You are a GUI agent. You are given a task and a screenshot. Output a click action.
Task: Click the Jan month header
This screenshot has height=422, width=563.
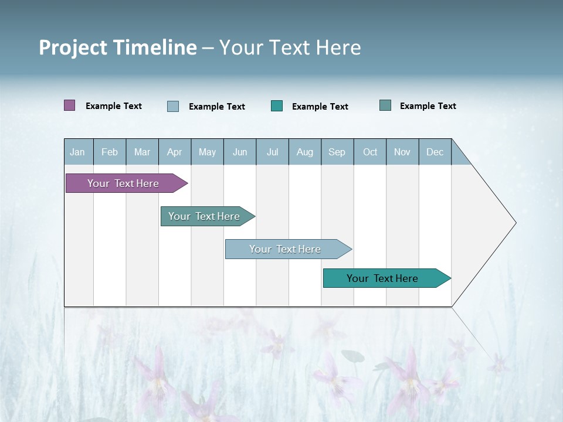(78, 152)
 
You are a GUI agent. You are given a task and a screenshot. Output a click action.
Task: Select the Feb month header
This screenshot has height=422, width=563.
(110, 152)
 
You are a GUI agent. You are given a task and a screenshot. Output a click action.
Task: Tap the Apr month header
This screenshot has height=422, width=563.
(175, 152)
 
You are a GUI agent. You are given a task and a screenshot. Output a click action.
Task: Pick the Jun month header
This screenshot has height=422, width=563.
(240, 152)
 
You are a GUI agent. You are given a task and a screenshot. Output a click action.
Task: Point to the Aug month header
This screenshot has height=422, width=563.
(305, 152)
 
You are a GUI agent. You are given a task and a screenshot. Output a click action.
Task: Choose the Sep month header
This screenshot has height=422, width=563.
(337, 152)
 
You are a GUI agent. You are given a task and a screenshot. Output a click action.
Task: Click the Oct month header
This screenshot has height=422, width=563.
(370, 152)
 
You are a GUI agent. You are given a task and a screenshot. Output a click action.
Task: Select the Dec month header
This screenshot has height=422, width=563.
(435, 152)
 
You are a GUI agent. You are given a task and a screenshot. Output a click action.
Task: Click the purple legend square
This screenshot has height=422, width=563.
(70, 105)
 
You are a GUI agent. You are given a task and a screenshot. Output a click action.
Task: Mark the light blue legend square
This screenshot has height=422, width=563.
(173, 106)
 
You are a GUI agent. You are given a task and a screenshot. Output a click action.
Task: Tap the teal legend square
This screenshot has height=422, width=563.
(277, 106)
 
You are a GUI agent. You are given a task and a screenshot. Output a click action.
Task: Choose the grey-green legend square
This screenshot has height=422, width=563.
(385, 105)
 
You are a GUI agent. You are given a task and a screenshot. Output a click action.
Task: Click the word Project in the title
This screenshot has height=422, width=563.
(73, 47)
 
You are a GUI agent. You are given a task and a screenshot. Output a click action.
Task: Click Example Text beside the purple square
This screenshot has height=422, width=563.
(114, 106)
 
